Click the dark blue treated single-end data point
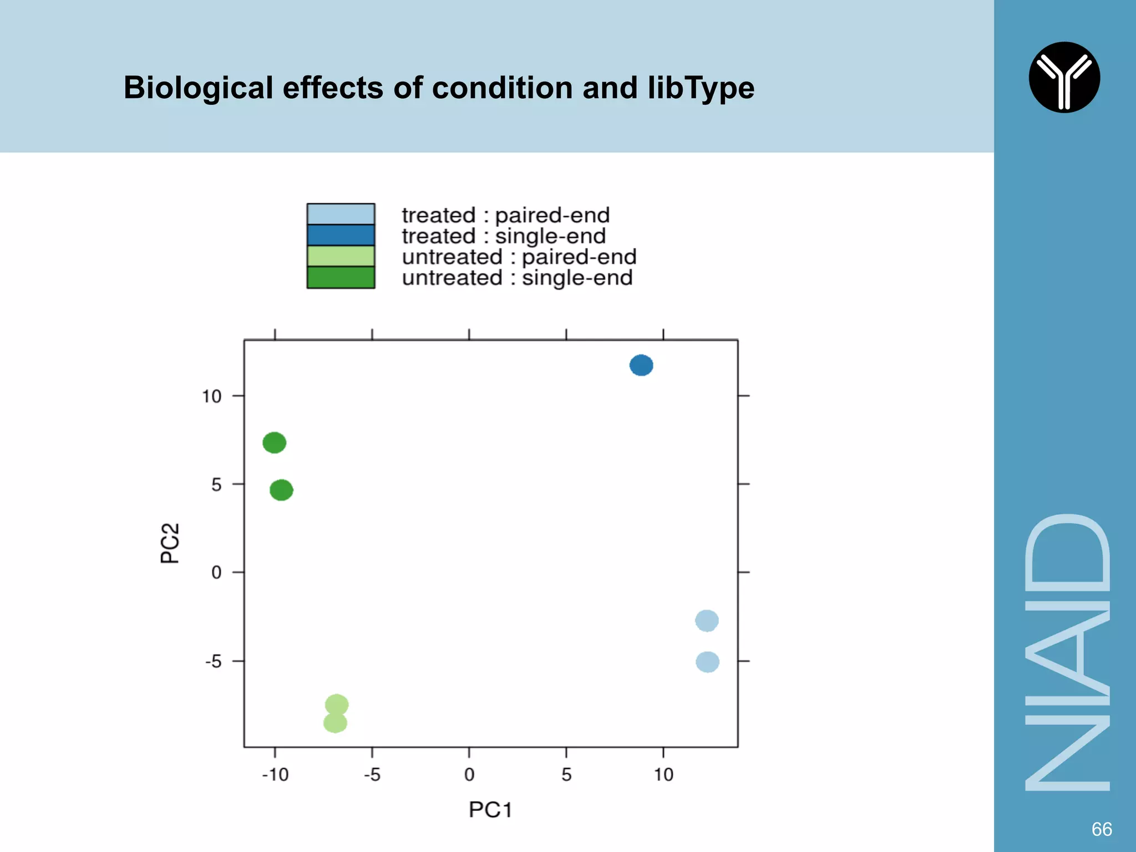641,365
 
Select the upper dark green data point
274,443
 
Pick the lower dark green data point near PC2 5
281,490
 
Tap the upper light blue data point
707,621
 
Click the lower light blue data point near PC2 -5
707,662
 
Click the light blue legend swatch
341,214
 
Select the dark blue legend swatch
341,235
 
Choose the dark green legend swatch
341,277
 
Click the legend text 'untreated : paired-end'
519,257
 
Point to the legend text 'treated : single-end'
504,236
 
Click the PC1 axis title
490,810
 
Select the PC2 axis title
170,543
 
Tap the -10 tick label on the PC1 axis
275,774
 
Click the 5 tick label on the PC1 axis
566,774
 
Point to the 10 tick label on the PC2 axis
211,396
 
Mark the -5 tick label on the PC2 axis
213,661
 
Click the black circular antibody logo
1064,77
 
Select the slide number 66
1101,829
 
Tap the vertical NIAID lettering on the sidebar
1067,652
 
